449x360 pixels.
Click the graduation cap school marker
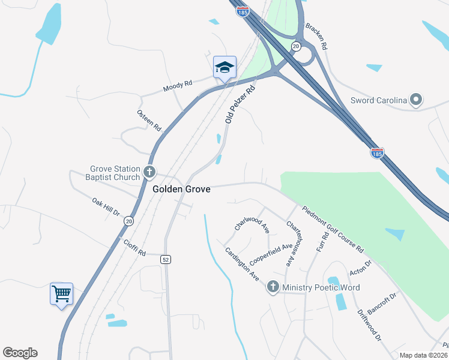(x=224, y=67)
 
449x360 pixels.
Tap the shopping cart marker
(x=61, y=293)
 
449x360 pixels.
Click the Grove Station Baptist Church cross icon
(x=149, y=173)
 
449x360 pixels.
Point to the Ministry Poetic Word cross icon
(x=273, y=287)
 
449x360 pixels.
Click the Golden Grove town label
(x=181, y=189)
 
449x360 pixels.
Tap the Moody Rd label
(x=178, y=87)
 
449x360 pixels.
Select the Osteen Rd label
(x=149, y=121)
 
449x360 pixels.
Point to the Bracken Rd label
(x=316, y=36)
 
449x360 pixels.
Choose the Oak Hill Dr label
(x=106, y=208)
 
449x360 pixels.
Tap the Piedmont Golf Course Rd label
(x=333, y=229)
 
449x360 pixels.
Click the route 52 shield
(x=166, y=260)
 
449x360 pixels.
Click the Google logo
(x=20, y=353)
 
